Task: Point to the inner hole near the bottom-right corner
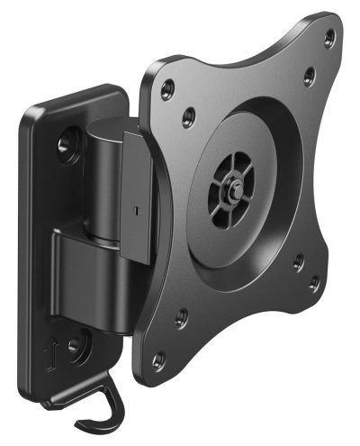pyautogui.click(x=296, y=261)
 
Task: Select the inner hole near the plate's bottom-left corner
pyautogui.click(x=183, y=314)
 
